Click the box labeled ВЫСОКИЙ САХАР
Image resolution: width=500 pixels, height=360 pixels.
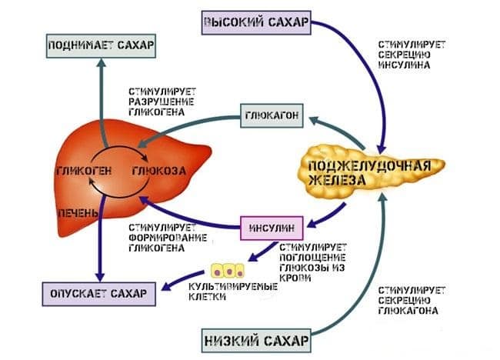pyautogui.click(x=256, y=22)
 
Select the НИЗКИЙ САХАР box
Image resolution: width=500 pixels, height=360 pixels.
pyautogui.click(x=256, y=341)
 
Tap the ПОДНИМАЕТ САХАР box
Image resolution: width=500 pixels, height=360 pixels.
pyautogui.click(x=101, y=45)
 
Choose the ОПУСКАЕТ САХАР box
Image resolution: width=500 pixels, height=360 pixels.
pyautogui.click(x=99, y=294)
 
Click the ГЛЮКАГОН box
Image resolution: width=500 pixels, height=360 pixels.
pyautogui.click(x=272, y=115)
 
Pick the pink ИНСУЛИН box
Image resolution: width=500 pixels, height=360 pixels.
pyautogui.click(x=272, y=228)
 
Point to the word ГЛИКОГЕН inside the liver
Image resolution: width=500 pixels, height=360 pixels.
pyautogui.click(x=84, y=171)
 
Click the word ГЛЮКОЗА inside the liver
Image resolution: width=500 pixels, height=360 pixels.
pyautogui.click(x=158, y=171)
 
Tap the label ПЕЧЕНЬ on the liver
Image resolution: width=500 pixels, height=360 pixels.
pyautogui.click(x=78, y=212)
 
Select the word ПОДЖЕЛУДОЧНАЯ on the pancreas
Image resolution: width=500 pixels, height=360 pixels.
pyautogui.click(x=370, y=166)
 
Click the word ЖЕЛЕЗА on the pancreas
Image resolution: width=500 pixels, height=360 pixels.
pyautogui.click(x=337, y=180)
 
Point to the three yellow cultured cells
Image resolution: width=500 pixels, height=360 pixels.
pyautogui.click(x=228, y=271)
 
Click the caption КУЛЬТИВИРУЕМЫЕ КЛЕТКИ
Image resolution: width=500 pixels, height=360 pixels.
pyautogui.click(x=233, y=292)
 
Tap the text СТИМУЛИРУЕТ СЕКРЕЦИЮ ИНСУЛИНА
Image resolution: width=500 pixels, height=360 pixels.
pyautogui.click(x=412, y=55)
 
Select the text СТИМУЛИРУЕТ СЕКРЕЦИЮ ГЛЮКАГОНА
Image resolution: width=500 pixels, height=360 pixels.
pyautogui.click(x=412, y=300)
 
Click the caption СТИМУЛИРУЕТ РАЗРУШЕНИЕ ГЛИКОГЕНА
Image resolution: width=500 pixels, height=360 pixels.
pyautogui.click(x=162, y=102)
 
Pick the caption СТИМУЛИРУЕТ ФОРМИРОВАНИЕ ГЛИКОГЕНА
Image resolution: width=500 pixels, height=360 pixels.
pyautogui.click(x=168, y=238)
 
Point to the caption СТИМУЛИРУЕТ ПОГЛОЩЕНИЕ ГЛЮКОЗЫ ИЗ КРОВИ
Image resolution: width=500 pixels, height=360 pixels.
pyautogui.click(x=313, y=263)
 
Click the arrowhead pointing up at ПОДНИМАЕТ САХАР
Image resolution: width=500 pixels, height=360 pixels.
pyautogui.click(x=101, y=62)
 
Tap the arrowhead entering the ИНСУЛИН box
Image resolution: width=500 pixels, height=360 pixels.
pyautogui.click(x=312, y=223)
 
